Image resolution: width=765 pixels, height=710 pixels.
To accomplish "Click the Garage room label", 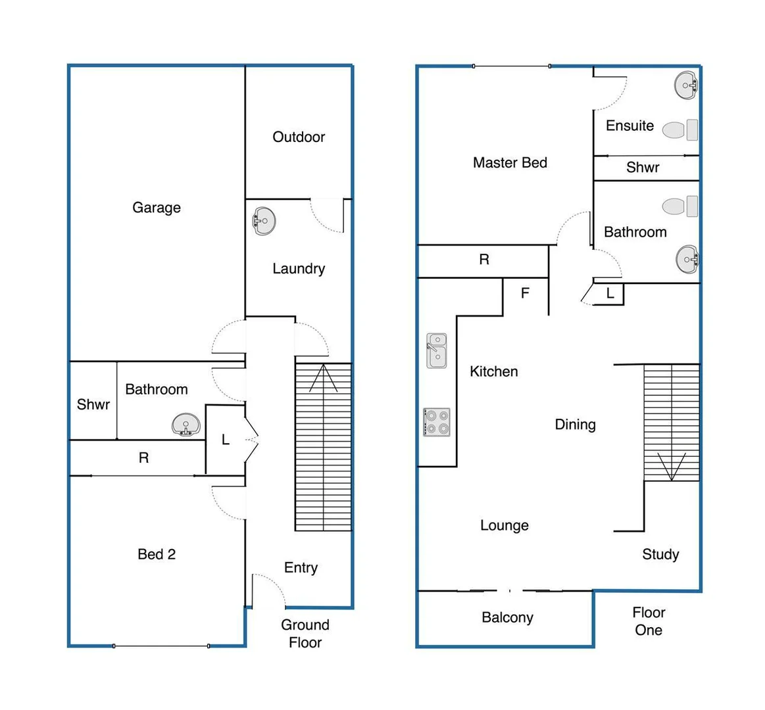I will (x=157, y=208).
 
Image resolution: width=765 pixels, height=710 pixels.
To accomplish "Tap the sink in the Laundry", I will (x=264, y=221).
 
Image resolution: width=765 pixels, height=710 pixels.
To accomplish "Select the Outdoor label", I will (x=299, y=137).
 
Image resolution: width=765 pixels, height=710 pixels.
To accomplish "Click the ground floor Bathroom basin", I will (x=185, y=425).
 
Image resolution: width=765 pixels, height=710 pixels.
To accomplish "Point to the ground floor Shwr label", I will (x=93, y=404).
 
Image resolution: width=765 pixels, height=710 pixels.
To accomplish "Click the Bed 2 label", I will (x=157, y=554).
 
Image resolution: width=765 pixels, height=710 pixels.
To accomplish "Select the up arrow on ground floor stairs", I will (x=323, y=377).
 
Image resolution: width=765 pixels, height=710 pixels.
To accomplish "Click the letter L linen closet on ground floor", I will (x=225, y=440).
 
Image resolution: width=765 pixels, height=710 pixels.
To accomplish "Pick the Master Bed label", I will (x=510, y=162).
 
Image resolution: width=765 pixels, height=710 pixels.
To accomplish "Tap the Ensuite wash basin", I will (x=685, y=85).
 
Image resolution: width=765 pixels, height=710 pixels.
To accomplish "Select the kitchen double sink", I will (x=436, y=350).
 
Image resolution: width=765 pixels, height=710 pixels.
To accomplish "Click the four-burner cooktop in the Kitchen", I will (x=436, y=422).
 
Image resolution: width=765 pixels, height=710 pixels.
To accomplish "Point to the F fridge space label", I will (x=525, y=293).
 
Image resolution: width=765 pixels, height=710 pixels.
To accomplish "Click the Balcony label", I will (x=507, y=617).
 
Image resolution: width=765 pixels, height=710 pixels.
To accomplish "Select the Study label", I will (x=660, y=554).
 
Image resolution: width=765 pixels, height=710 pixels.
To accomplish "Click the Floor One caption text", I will (x=649, y=621).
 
